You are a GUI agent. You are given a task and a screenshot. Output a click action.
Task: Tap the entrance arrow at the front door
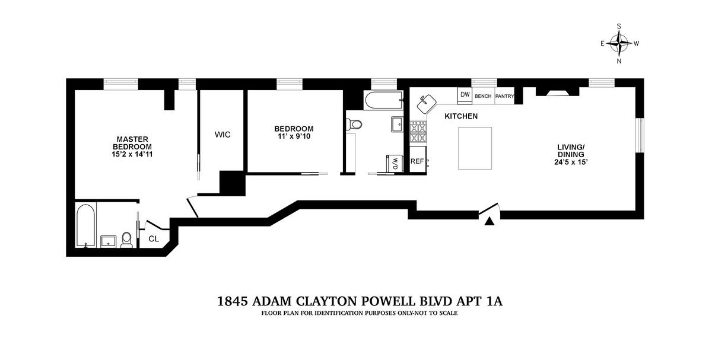(489, 221)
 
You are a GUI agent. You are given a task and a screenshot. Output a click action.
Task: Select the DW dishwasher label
(465, 94)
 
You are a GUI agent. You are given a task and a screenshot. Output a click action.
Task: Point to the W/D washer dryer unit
(395, 163)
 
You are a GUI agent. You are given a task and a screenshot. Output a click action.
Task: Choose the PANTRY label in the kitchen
(504, 96)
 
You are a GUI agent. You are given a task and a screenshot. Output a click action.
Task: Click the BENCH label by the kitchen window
(483, 96)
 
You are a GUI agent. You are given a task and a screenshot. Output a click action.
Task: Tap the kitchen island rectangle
(475, 148)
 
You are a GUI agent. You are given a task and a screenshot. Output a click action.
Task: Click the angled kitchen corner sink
(426, 104)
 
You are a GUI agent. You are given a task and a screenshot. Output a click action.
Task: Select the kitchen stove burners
(418, 132)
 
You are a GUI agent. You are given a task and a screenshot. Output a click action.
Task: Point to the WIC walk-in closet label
(223, 135)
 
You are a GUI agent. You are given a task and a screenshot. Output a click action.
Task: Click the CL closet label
(154, 238)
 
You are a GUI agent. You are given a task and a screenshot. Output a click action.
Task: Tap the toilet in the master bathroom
(127, 240)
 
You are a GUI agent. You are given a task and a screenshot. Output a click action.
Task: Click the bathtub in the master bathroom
(86, 225)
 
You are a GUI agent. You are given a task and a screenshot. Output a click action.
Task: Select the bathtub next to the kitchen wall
(384, 101)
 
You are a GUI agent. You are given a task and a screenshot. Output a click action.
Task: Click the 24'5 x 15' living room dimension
(571, 162)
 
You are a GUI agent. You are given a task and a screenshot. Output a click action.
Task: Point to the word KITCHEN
(461, 116)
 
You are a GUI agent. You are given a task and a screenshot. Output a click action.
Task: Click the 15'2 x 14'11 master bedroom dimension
(132, 155)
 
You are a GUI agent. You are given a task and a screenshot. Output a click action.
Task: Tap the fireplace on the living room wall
(558, 91)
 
